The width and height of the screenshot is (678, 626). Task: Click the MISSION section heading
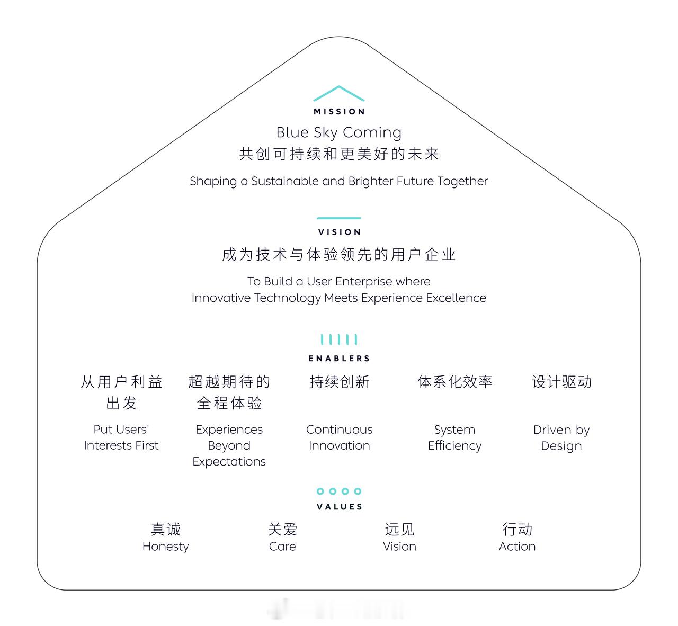tap(339, 111)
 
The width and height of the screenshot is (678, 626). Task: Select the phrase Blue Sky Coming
tap(339, 132)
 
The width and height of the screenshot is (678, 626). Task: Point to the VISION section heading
tap(340, 232)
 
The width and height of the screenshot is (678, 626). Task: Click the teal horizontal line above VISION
tap(339, 218)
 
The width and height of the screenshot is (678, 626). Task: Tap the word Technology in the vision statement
tap(288, 298)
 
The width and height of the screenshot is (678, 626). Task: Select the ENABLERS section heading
tap(339, 358)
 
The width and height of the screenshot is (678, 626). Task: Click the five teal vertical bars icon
tap(339, 339)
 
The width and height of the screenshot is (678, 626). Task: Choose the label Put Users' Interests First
tap(121, 437)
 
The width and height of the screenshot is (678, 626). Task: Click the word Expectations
tap(229, 462)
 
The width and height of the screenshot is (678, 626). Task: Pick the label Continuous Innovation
tap(340, 437)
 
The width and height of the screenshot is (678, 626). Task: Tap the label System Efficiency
tap(454, 438)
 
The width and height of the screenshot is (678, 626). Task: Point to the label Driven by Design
tap(561, 438)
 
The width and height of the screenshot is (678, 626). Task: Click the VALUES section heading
tap(340, 507)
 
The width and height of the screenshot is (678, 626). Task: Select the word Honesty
tap(166, 547)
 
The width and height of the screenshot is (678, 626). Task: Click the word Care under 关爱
tap(282, 547)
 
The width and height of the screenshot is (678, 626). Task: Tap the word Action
tap(517, 547)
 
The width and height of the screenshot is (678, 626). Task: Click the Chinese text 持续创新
tap(340, 382)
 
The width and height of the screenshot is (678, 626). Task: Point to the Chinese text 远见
tap(399, 530)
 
